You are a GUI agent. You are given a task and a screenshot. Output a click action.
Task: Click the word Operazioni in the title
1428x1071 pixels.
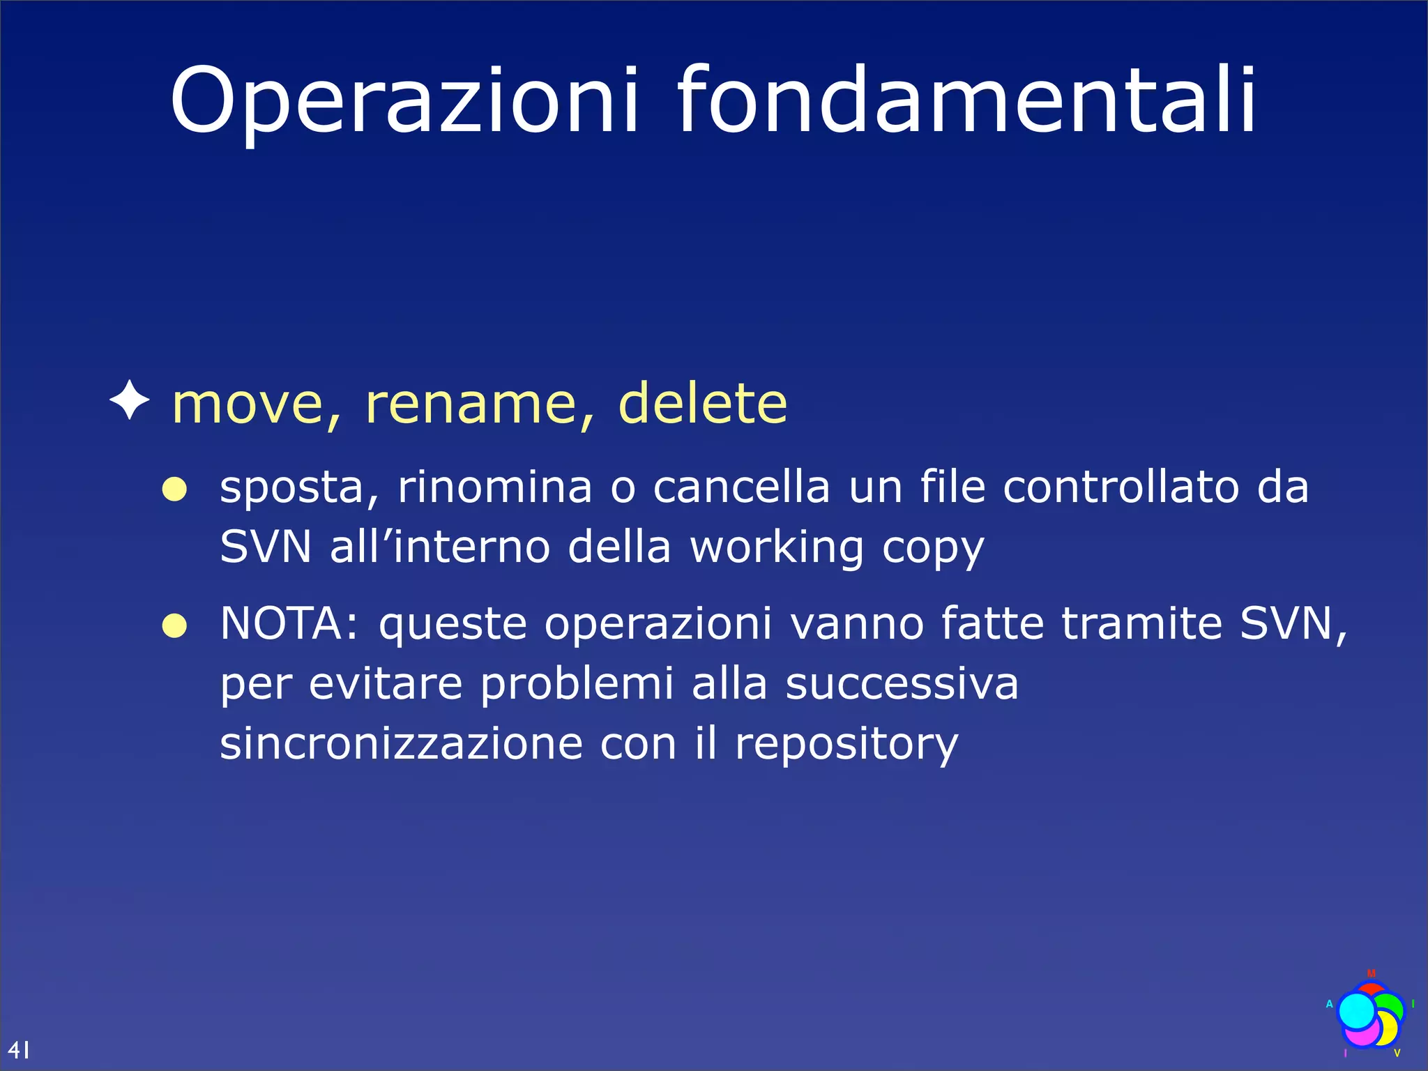tap(403, 101)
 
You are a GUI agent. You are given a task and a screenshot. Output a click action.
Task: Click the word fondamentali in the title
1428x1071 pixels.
tap(966, 101)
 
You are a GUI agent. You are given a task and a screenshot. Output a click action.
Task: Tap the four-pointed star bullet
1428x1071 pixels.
tap(130, 400)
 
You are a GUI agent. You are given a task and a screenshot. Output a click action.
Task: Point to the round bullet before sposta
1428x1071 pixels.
tap(174, 489)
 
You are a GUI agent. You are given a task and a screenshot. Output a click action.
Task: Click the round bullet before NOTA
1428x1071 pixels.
tap(174, 625)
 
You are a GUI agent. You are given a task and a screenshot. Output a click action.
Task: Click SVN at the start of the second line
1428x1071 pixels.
tap(265, 547)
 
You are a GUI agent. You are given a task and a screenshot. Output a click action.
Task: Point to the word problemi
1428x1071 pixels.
tap(577, 685)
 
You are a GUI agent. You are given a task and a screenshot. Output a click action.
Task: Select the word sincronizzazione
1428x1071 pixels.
tap(401, 744)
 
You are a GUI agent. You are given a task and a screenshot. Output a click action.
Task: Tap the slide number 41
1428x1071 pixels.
tap(19, 1049)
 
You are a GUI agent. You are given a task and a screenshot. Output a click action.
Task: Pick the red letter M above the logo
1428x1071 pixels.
tap(1371, 973)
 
